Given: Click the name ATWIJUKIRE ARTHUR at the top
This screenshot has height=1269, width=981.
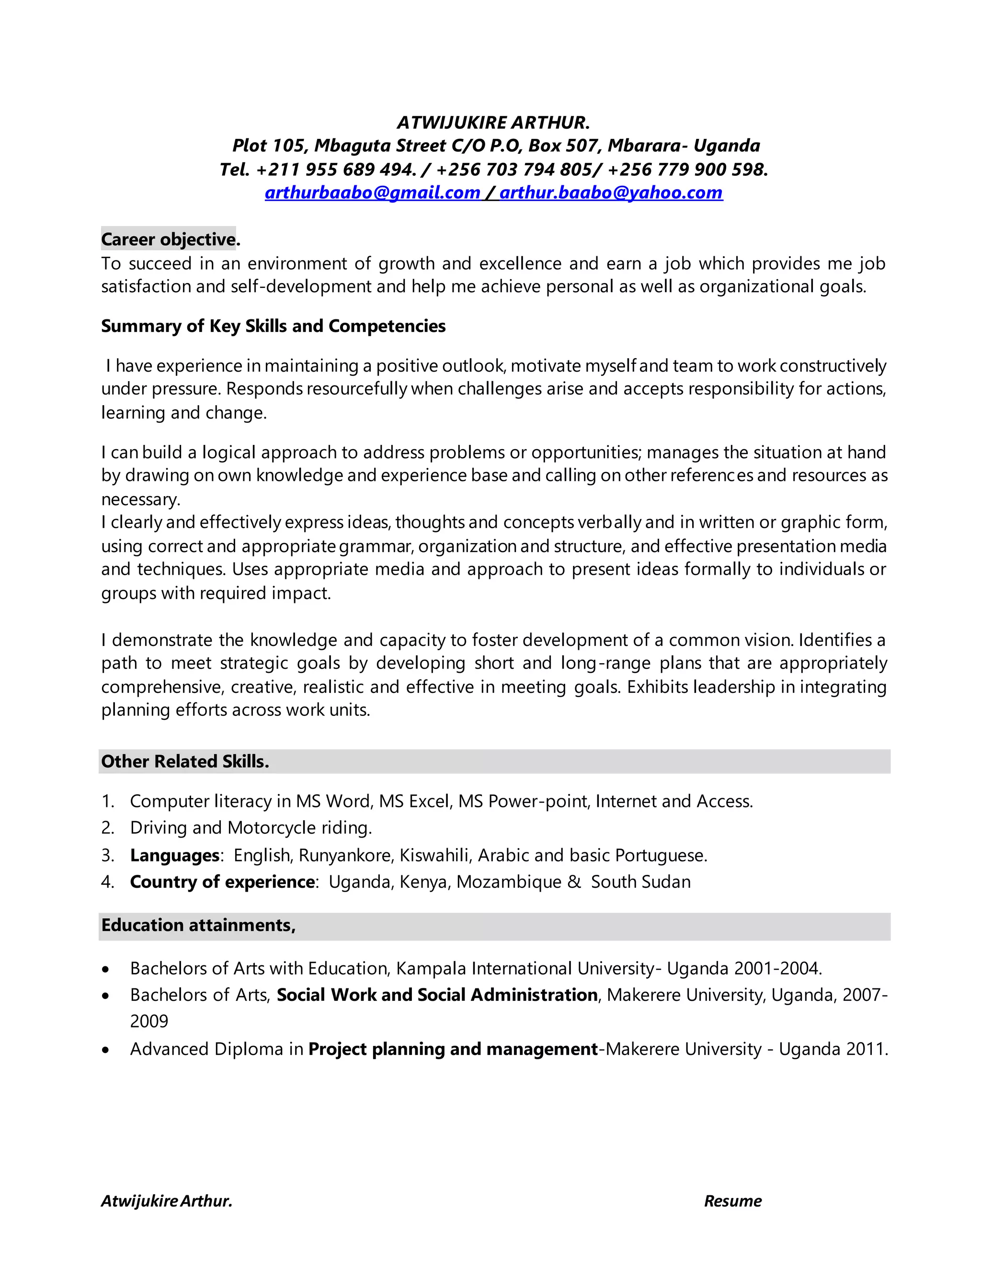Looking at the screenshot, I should click(x=493, y=123).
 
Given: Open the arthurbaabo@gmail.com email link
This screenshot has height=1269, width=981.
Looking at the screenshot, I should click(x=372, y=193).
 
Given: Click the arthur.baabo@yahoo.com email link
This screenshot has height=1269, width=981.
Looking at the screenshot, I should click(x=611, y=193).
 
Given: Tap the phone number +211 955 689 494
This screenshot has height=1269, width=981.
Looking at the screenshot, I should click(x=336, y=169).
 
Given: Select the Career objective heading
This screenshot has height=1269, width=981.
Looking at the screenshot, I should click(x=169, y=239).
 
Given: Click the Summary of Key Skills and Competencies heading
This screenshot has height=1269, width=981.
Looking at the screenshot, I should click(x=273, y=326).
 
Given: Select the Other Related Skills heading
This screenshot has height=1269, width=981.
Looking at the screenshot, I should click(x=185, y=761).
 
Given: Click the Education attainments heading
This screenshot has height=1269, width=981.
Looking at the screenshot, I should click(x=198, y=925).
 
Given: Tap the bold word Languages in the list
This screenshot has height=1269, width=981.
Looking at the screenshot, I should click(x=174, y=855).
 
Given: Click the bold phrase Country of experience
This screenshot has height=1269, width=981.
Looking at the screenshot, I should click(x=223, y=882).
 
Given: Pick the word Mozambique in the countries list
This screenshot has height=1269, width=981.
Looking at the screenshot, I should click(x=509, y=882).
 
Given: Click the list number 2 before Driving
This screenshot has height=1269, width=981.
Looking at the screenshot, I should click(x=107, y=828).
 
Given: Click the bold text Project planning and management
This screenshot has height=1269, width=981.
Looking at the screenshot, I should click(x=453, y=1049).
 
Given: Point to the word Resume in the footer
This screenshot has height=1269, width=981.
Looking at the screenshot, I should click(x=732, y=1201).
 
